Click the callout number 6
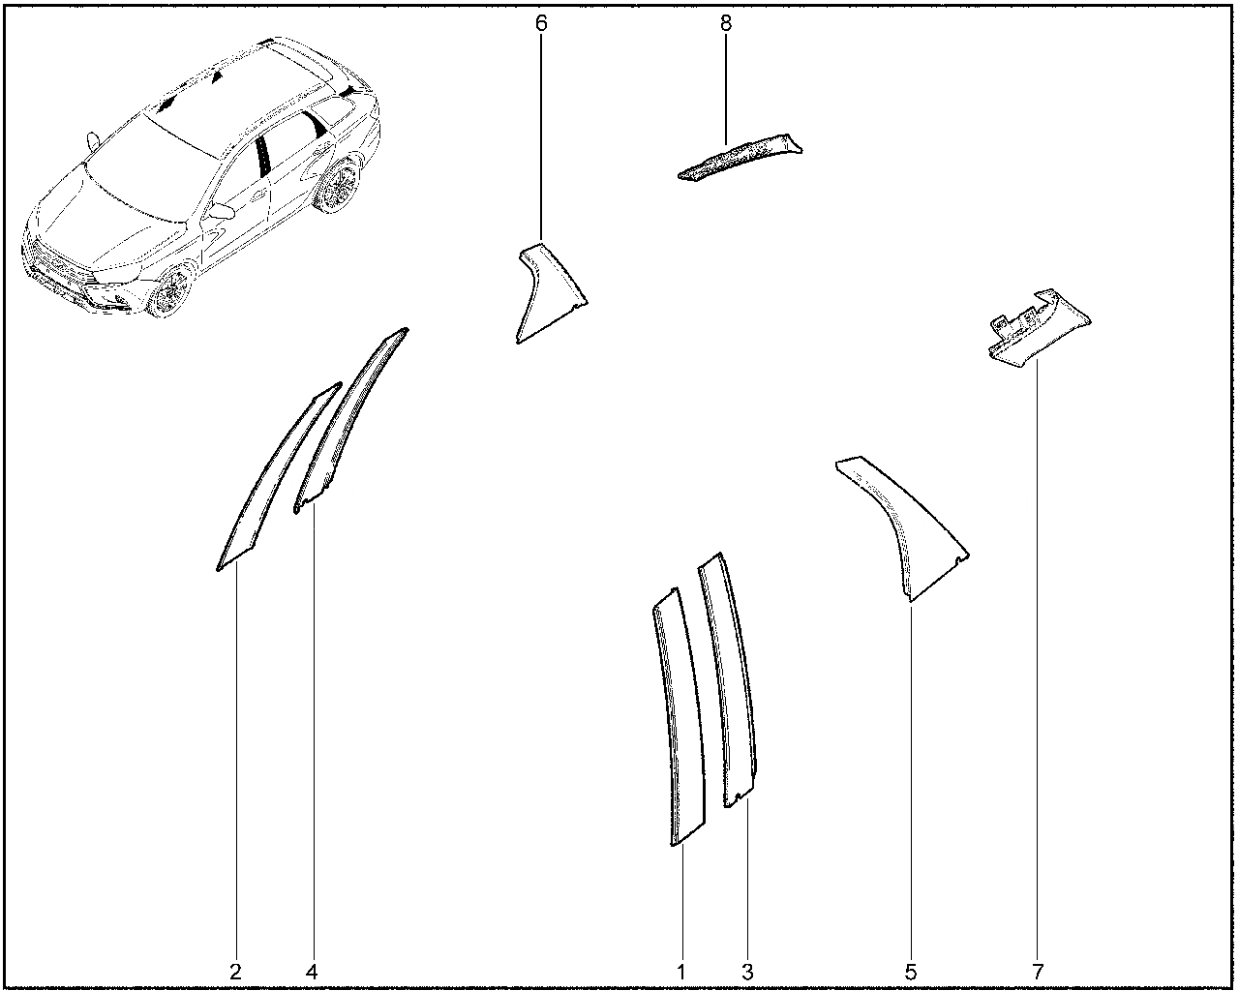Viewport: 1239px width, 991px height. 541,23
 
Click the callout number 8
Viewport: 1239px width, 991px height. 725,23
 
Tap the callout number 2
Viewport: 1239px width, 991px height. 235,973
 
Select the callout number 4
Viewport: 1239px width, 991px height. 312,973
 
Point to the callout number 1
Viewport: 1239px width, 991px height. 681,973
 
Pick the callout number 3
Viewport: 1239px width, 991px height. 747,973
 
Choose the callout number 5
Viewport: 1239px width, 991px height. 910,973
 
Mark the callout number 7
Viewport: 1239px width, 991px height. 1037,973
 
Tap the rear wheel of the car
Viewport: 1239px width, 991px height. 338,186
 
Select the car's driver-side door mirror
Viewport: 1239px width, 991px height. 222,211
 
